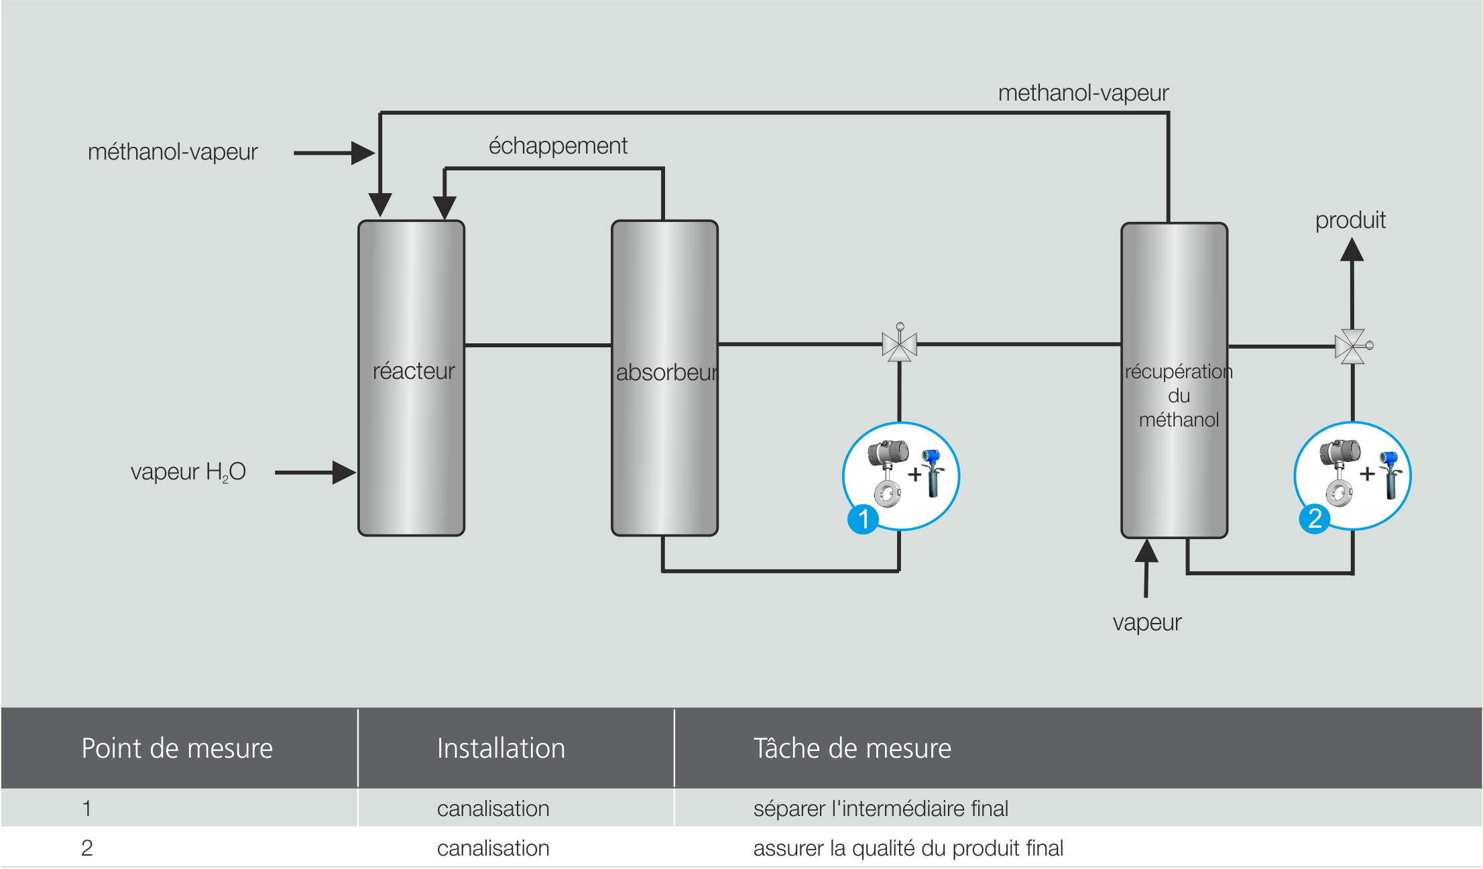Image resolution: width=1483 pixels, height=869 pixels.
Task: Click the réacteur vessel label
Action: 414,371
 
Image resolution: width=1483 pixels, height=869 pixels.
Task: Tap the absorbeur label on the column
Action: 666,372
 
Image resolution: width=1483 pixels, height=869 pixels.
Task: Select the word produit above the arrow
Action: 1350,220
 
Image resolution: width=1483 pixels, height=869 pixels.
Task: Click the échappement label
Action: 558,146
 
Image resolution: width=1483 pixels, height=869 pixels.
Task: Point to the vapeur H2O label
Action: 188,472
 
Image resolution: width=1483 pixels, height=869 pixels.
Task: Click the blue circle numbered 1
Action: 863,519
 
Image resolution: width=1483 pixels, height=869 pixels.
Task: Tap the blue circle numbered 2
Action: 1315,519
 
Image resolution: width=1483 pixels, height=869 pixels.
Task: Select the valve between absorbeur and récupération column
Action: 899,345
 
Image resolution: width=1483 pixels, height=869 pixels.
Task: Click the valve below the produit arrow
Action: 1352,346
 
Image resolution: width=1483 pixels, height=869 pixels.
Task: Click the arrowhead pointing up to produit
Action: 1352,251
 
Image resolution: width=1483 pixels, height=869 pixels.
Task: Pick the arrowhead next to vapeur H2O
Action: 343,472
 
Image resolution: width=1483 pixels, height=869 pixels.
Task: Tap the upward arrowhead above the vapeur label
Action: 1146,551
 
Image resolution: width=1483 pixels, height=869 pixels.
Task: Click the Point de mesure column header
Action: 177,748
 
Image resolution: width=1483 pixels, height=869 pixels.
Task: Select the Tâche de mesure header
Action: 851,748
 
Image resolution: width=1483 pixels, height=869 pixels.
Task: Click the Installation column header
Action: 501,748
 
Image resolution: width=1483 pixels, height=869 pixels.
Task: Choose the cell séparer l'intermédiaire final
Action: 880,809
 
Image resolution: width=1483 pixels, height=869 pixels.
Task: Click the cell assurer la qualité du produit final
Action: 908,848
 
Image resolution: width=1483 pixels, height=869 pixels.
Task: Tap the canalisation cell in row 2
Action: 493,848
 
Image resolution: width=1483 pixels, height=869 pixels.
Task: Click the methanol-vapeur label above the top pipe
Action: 1083,93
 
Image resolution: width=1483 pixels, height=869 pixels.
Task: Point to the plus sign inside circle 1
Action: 914,475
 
